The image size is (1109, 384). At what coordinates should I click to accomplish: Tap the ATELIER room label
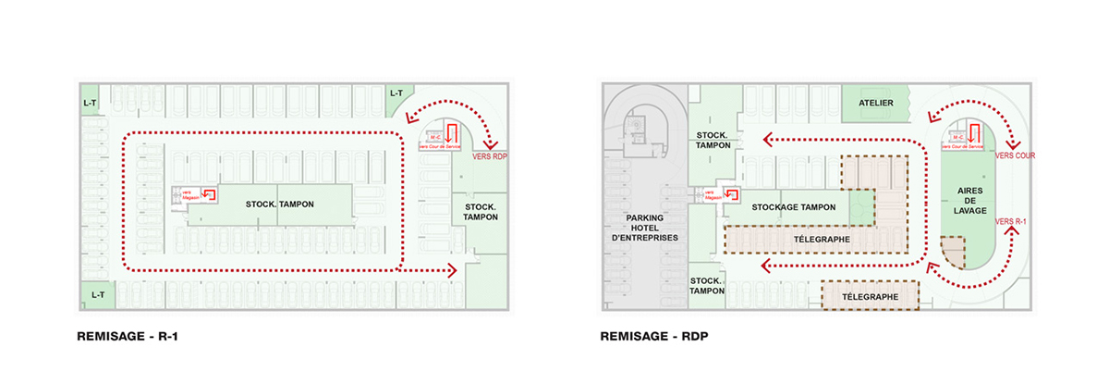point(875,103)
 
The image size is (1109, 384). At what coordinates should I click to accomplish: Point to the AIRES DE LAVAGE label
point(967,199)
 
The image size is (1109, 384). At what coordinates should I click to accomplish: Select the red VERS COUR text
point(1015,156)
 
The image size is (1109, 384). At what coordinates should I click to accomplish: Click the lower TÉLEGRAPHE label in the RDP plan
point(871,297)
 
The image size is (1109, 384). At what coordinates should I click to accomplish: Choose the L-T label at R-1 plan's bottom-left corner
point(97,294)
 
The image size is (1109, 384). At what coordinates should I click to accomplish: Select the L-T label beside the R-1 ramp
point(396,93)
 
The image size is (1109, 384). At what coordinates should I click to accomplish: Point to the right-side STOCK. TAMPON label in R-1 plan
point(481,211)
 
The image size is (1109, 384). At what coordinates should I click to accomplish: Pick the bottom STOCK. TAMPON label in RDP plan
point(706,285)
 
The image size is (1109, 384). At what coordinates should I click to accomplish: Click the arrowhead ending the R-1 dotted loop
point(452,270)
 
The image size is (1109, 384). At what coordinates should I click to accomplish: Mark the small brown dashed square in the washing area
point(953,252)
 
